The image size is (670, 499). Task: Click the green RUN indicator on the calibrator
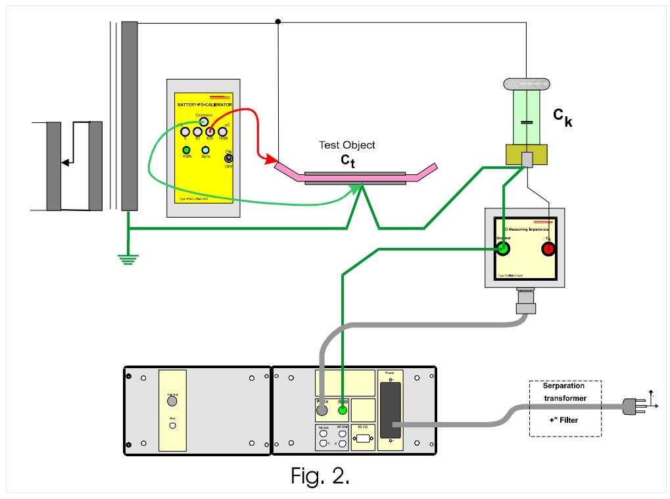pos(187,150)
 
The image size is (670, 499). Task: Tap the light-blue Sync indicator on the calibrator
pos(206,150)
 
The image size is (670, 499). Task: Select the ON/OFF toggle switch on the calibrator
pos(229,158)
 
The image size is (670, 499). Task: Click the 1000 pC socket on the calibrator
pos(223,132)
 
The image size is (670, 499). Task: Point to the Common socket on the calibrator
pos(204,121)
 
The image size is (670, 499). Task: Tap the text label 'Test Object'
pos(347,145)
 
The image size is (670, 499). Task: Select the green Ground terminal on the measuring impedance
pos(503,249)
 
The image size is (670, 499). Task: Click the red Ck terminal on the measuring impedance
pos(547,249)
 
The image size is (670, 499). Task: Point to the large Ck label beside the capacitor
pos(562,118)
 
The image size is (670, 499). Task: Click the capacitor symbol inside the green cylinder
pos(525,123)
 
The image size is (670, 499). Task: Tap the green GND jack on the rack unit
pos(342,411)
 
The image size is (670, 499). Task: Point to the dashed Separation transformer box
pos(565,408)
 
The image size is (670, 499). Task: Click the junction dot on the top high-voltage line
pos(278,22)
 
